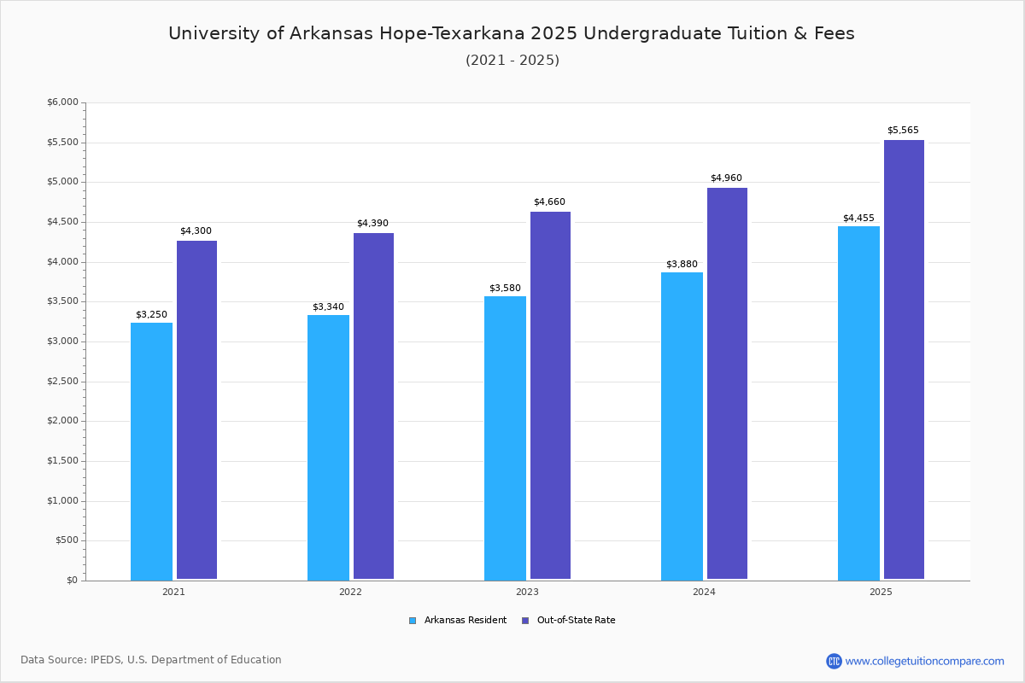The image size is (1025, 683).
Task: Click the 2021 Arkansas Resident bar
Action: click(x=151, y=451)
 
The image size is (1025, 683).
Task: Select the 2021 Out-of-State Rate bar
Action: click(x=196, y=410)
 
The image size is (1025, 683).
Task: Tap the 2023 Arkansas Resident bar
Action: click(x=505, y=438)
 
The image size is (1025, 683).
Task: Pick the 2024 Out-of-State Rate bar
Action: click(x=727, y=383)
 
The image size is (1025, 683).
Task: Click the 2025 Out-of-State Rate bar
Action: click(x=904, y=359)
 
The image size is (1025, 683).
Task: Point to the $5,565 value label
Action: click(x=903, y=130)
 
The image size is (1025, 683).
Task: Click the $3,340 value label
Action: click(x=328, y=306)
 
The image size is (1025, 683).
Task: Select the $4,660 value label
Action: click(x=549, y=201)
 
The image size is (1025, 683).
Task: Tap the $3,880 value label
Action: click(x=682, y=264)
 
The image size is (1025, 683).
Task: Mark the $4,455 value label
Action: click(x=858, y=218)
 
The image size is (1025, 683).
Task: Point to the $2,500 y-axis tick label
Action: click(x=62, y=381)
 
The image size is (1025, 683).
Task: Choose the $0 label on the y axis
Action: click(x=73, y=580)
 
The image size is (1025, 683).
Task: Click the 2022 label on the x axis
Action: click(x=350, y=592)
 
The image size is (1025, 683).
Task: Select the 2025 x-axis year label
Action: click(x=881, y=592)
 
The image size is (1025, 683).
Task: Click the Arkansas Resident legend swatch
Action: click(x=413, y=621)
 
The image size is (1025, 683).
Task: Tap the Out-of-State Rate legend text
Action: click(x=576, y=621)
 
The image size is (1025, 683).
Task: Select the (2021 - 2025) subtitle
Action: click(x=512, y=61)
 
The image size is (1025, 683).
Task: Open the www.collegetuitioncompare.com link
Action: click(x=924, y=661)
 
